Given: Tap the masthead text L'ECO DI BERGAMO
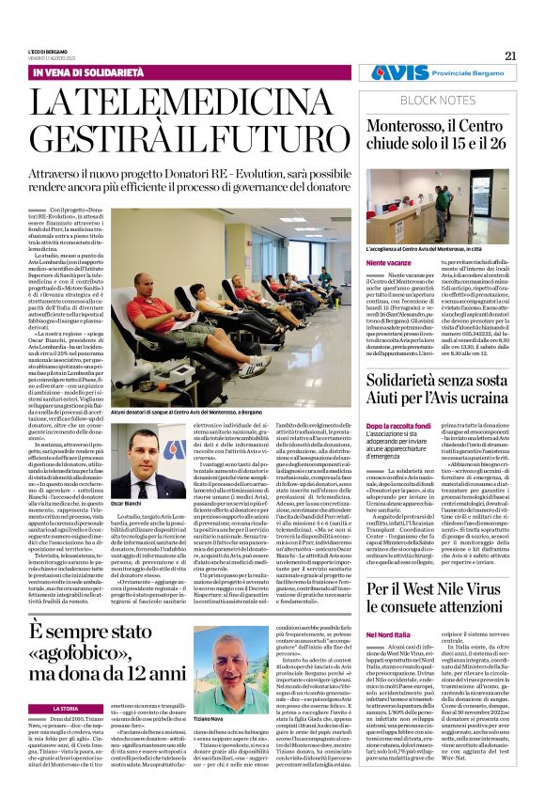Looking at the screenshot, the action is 48,52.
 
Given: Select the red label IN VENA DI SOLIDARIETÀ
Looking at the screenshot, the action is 83,72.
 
